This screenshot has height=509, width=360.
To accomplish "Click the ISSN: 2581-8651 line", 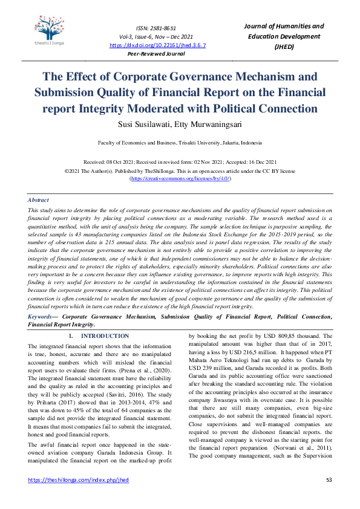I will coord(157,28).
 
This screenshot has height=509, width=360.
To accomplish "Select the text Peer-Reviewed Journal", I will coord(157,54).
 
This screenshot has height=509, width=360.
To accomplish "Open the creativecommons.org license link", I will coord(180,179).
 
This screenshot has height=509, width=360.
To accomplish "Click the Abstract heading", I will coord(39,200).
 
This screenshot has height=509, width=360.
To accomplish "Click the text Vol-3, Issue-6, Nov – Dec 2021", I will coord(157,36).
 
